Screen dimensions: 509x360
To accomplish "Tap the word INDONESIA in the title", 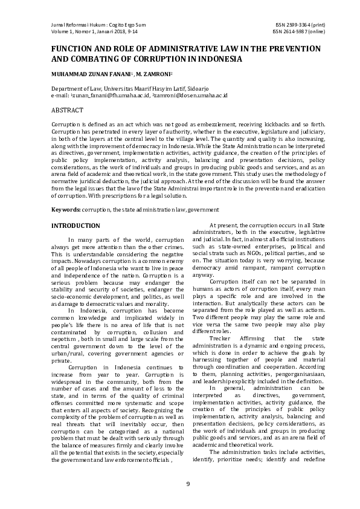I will (x=217, y=59).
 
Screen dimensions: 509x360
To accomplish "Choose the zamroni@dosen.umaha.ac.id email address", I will (x=191, y=95).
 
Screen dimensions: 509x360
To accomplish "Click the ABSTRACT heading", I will (x=66, y=111).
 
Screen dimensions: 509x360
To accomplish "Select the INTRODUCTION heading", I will (x=76, y=226).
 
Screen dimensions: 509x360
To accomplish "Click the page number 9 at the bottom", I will (x=187, y=484).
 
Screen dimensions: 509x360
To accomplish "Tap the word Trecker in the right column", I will (x=221, y=338).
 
